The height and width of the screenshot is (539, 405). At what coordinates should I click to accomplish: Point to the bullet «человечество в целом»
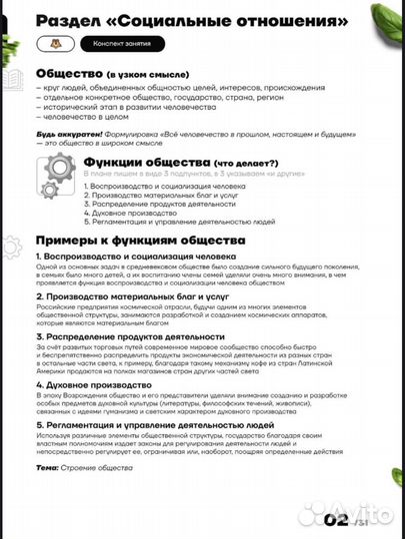pyautogui.click(x=85, y=117)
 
